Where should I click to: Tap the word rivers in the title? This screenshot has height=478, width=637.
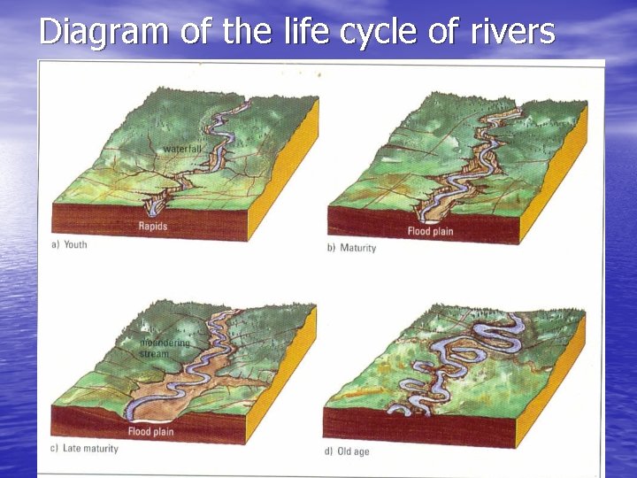[x=511, y=32]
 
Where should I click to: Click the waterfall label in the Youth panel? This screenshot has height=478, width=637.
[x=183, y=149]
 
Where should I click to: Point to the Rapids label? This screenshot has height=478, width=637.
[x=152, y=227]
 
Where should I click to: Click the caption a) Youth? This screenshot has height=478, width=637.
[x=69, y=244]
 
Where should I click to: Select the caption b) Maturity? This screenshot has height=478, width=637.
[x=351, y=248]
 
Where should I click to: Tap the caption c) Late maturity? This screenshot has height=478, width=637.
[x=84, y=449]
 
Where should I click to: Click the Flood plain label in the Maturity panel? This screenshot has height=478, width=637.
[x=430, y=232]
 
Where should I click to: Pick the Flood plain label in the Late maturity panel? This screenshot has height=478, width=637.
[x=151, y=432]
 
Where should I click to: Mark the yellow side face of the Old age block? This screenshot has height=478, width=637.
[x=553, y=381]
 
